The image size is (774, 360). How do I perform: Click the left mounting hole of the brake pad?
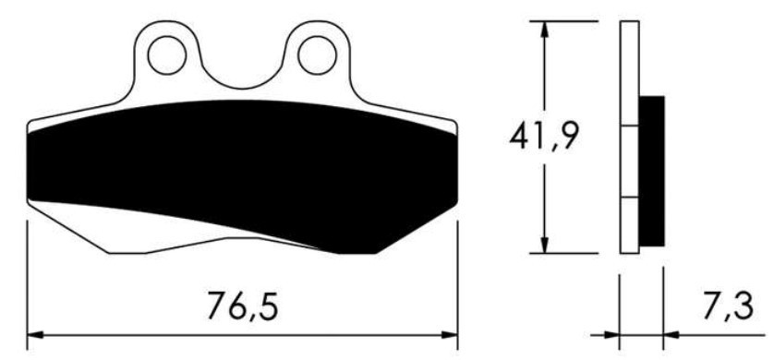pos(168,53)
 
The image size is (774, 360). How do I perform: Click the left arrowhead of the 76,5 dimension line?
pos(35,334)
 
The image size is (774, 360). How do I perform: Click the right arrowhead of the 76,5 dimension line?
pos(450,334)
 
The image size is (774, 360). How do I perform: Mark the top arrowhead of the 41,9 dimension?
pos(547,28)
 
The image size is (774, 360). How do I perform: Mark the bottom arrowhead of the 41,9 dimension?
pos(547,245)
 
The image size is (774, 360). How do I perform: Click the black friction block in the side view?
pos(651,171)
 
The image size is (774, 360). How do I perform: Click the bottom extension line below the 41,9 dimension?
pos(563,254)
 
